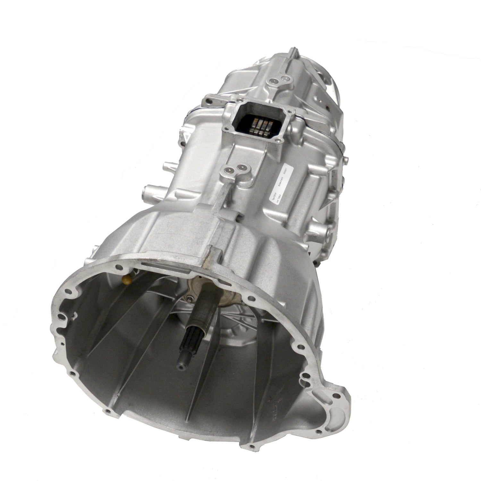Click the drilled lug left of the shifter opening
[x=207, y=102]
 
